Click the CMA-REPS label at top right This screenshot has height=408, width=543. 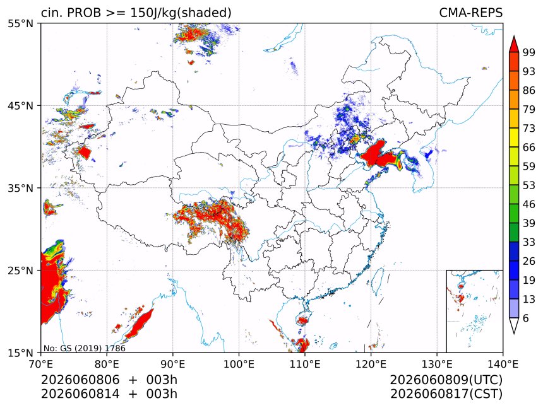click(x=470, y=13)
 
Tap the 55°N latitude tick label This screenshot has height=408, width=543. click(x=20, y=24)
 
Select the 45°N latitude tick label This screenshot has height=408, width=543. click(x=20, y=105)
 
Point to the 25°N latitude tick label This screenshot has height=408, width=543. click(x=20, y=270)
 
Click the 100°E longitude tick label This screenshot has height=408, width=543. click(x=239, y=364)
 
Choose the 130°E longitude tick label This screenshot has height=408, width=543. click(x=437, y=364)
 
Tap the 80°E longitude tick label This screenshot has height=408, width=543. click(x=106, y=364)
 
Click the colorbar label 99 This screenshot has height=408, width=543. click(x=529, y=52)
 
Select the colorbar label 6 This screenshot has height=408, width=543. click(x=526, y=318)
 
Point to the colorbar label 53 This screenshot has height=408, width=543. click(x=529, y=185)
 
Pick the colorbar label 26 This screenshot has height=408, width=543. click(x=529, y=261)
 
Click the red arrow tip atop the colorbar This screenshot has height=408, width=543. click(x=514, y=36)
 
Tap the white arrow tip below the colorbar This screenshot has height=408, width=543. click(x=514, y=334)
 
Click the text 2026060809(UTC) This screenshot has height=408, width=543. click(x=446, y=380)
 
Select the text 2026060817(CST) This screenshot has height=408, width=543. click(x=446, y=394)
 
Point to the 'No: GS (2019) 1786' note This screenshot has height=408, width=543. click(x=84, y=348)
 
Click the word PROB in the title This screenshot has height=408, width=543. click(x=84, y=13)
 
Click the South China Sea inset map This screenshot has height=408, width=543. click(x=474, y=311)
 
